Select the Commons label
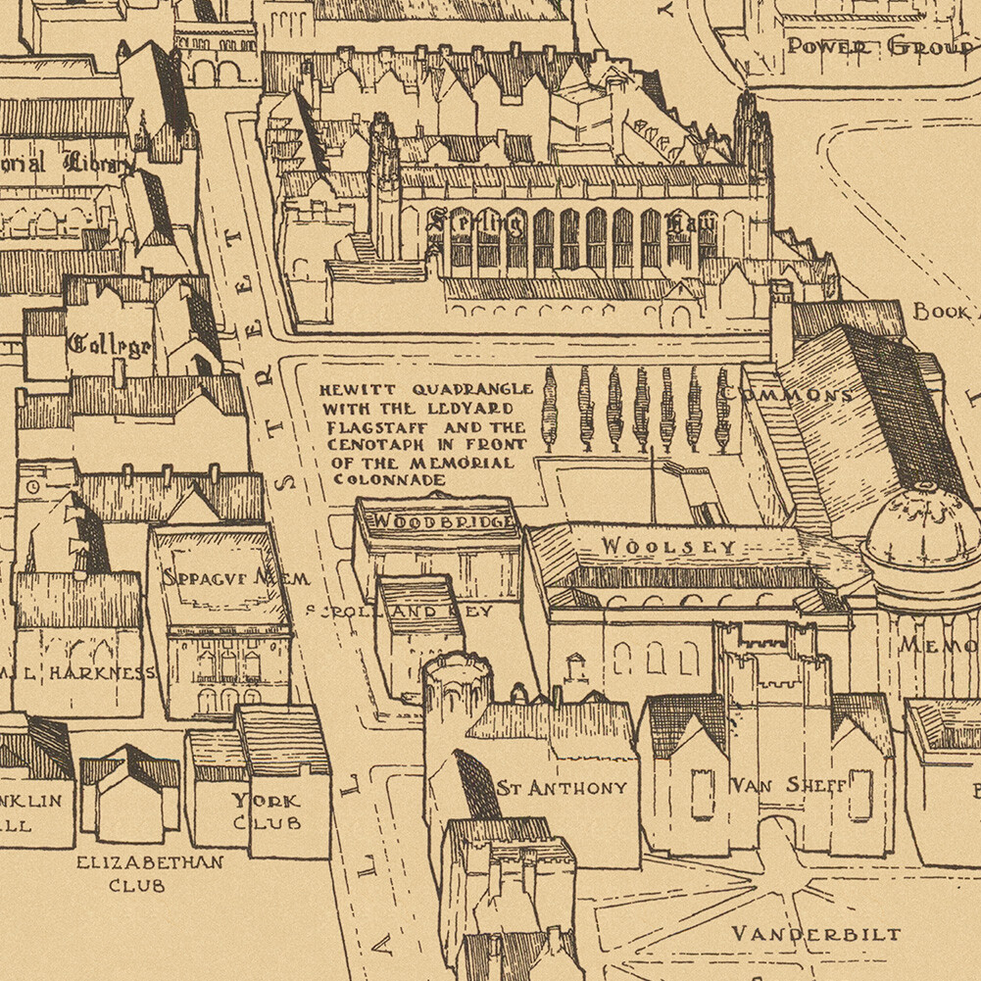(786, 395)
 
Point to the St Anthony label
(562, 788)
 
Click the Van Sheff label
(788, 785)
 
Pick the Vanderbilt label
(816, 933)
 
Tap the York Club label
(266, 810)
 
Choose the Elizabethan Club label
(150, 872)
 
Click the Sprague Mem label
(235, 578)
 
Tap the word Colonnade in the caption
(389, 480)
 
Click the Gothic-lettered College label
(109, 345)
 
